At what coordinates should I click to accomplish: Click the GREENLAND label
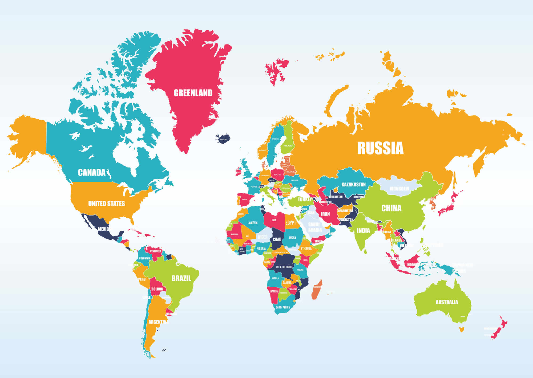point(193,93)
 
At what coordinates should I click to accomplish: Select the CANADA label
point(92,172)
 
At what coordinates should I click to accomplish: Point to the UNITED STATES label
point(107,204)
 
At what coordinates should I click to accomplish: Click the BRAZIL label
point(181,278)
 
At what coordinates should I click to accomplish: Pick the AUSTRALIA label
point(447,302)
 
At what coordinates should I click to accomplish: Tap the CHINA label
point(391,208)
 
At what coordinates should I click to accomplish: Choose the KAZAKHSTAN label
point(353,184)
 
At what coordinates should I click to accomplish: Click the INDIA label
point(363,230)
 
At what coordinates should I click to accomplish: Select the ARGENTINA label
point(158,322)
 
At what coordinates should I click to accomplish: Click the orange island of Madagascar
point(317,289)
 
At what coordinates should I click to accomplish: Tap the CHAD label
point(277,239)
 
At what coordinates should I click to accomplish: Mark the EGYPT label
point(290,223)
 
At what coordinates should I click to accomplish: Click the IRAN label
point(325,214)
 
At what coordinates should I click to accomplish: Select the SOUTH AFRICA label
point(283,307)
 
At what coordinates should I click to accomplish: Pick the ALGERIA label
point(253,223)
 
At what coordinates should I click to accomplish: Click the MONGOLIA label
point(399,189)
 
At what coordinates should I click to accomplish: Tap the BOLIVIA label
point(157,289)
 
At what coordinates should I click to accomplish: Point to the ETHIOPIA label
point(306,249)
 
